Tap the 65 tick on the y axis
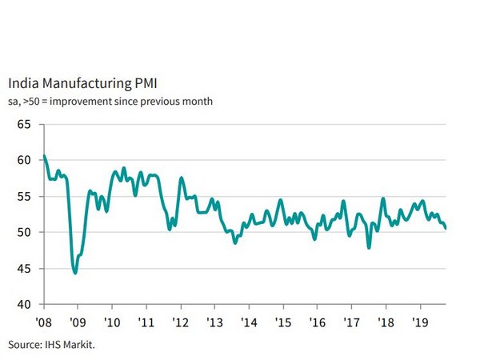coord(23,124)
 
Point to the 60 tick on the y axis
coord(23,160)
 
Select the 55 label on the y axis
coord(23,196)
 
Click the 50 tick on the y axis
coord(23,233)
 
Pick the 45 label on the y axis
coord(23,269)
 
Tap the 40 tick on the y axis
coord(23,305)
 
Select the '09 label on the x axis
coord(77,322)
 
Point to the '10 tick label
coord(111,322)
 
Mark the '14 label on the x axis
coord(249,322)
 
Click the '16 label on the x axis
coord(318,322)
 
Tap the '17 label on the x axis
coord(351,322)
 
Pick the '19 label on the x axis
coord(420,322)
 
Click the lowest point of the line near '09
coord(75,273)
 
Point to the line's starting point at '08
coord(44,155)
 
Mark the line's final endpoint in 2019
coord(446,229)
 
